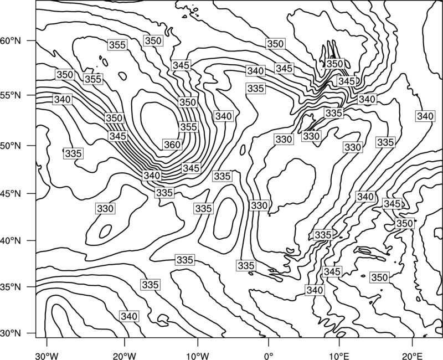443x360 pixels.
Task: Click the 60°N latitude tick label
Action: pos(11,41)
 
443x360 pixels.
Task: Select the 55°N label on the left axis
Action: pos(11,95)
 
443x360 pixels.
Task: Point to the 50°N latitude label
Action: pos(11,146)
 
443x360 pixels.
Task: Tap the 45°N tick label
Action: pos(11,193)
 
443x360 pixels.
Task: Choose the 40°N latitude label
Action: pos(11,241)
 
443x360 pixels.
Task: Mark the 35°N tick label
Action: pos(11,287)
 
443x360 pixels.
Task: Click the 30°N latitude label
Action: pos(11,333)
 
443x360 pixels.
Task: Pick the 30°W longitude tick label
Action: pos(47,356)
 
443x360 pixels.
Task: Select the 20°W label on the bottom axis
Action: pos(125,356)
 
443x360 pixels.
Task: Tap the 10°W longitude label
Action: pos(198,356)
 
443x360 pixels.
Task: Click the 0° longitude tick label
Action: pos(269,356)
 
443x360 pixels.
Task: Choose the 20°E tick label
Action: pos(412,356)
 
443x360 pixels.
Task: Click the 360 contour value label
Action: pos(172,145)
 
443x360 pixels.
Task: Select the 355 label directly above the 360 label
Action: pos(188,127)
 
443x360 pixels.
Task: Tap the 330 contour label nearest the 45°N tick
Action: pos(105,209)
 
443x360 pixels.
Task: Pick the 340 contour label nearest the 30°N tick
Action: pos(129,316)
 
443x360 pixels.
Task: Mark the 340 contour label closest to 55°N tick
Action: pos(63,100)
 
